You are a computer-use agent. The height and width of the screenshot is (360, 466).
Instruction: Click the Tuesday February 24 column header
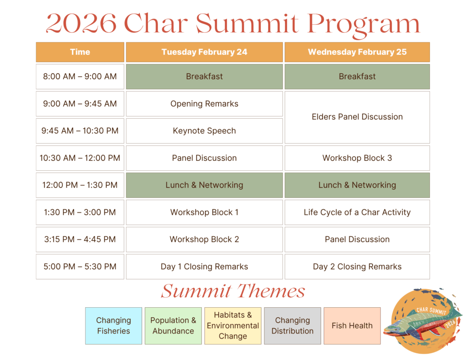pyautogui.click(x=204, y=52)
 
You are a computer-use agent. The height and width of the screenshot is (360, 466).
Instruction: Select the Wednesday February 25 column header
pyautogui.click(x=357, y=52)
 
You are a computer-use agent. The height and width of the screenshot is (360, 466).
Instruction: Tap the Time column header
pyautogui.click(x=80, y=52)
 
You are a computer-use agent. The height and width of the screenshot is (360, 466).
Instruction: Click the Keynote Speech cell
pyautogui.click(x=204, y=131)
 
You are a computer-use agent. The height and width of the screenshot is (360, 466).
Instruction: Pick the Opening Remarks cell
pyautogui.click(x=204, y=104)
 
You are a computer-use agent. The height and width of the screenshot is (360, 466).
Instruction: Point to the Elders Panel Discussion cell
pyautogui.click(x=357, y=117)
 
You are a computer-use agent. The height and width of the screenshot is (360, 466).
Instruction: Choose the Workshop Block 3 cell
pyautogui.click(x=357, y=158)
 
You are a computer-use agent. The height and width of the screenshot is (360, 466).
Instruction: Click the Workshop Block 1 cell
pyautogui.click(x=204, y=212)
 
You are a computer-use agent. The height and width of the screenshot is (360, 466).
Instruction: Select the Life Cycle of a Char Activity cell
pyautogui.click(x=357, y=212)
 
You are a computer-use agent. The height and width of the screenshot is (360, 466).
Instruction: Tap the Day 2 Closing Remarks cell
pyautogui.click(x=357, y=267)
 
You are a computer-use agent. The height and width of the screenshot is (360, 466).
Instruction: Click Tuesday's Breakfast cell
pyautogui.click(x=204, y=76)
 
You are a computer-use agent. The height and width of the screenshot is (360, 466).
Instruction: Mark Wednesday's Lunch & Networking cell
pyautogui.click(x=357, y=185)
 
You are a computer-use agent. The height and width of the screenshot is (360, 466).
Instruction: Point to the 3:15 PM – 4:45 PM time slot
pyautogui.click(x=80, y=239)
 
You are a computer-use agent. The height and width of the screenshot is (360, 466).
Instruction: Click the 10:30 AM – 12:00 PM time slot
pyautogui.click(x=80, y=158)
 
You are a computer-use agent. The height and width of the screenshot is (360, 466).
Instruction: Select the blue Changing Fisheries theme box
pyautogui.click(x=113, y=326)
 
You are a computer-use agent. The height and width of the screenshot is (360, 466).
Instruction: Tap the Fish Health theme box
pyautogui.click(x=352, y=326)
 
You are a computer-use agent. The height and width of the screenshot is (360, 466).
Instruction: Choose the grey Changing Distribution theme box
pyautogui.click(x=293, y=326)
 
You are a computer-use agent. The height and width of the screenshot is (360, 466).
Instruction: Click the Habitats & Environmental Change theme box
pyautogui.click(x=233, y=326)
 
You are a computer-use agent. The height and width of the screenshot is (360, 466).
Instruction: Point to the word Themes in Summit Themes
pyautogui.click(x=271, y=291)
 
